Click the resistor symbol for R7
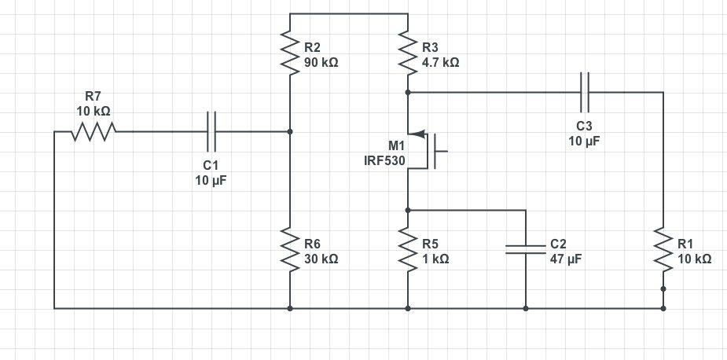click(x=94, y=132)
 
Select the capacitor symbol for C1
click(x=211, y=132)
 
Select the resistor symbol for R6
click(x=290, y=251)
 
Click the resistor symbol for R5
click(x=408, y=251)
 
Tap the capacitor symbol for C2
click(x=525, y=250)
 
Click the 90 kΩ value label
click(x=322, y=62)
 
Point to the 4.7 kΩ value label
click(x=440, y=62)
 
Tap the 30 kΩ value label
click(x=322, y=259)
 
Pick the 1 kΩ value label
click(x=437, y=259)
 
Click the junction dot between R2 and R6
click(x=290, y=132)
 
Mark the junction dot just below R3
click(x=408, y=92)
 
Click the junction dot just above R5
click(x=408, y=210)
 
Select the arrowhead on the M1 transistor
click(x=416, y=132)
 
